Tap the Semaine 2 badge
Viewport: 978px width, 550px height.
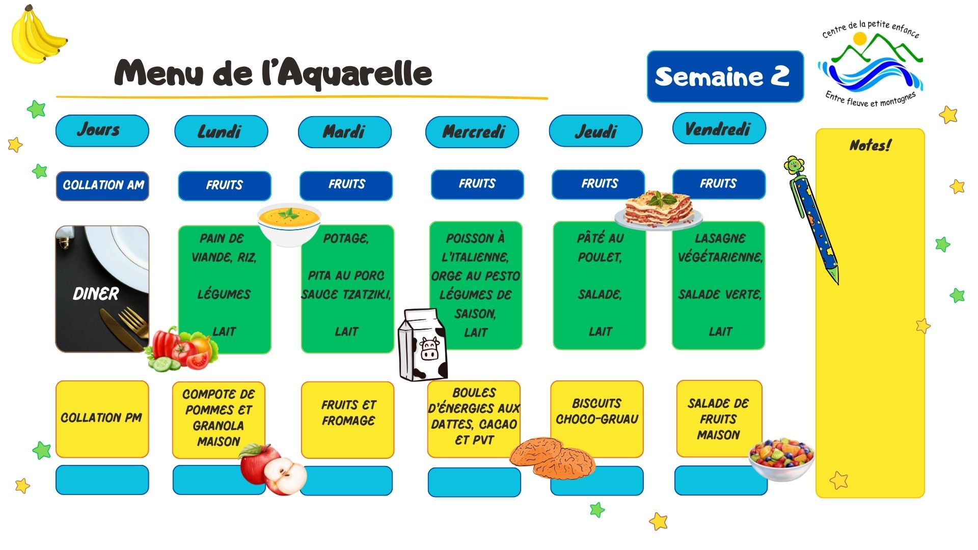725,76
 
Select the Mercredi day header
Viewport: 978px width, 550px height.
472,132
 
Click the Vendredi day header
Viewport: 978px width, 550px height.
719,129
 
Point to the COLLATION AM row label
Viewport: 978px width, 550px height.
102,185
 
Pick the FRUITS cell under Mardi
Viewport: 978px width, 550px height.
346,185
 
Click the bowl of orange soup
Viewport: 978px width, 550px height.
289,224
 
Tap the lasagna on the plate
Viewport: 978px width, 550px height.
659,210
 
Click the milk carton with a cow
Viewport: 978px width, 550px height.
422,345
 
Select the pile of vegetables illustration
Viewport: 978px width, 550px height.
182,350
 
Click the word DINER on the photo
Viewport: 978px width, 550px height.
96,294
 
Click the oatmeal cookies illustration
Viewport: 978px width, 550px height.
553,457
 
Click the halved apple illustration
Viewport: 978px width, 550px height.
273,469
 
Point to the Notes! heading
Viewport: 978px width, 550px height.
871,146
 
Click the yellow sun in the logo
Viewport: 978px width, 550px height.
860,39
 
